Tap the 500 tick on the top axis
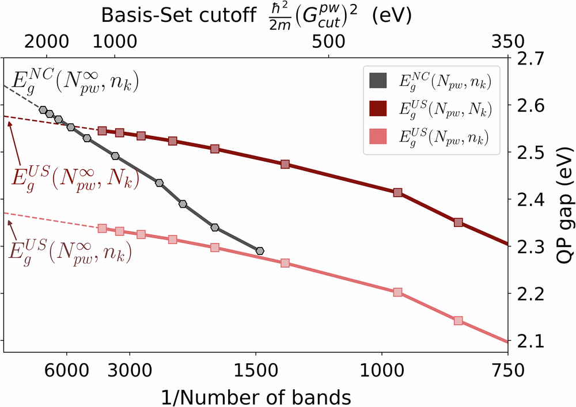pos(328,41)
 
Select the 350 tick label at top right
pos(507,41)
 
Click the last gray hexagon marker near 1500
pos(260,251)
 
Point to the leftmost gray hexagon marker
pos(43,109)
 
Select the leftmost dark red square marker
pos(102,131)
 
